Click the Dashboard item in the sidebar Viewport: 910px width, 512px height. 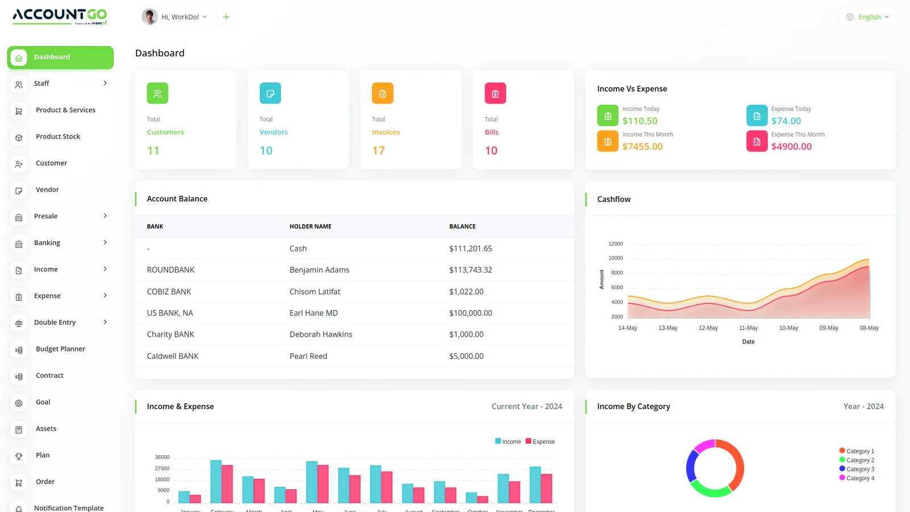60,57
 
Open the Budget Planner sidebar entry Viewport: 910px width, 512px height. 60,349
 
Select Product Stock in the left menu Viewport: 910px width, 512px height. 57,137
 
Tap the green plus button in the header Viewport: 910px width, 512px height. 226,17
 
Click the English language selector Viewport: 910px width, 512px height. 867,17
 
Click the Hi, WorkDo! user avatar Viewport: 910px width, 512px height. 150,16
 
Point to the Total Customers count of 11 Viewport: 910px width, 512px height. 153,151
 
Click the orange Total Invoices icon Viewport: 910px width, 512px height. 382,93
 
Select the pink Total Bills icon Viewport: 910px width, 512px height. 495,93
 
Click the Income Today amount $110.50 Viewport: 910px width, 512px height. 640,121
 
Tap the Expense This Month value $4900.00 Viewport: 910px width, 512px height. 791,146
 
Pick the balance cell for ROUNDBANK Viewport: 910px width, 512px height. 470,270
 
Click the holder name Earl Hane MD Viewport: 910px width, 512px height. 313,313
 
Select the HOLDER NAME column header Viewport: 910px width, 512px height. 310,226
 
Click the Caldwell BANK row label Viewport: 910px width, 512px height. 172,357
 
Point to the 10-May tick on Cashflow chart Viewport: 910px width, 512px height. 788,328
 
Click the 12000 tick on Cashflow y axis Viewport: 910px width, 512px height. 615,244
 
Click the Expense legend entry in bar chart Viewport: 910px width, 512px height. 540,441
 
